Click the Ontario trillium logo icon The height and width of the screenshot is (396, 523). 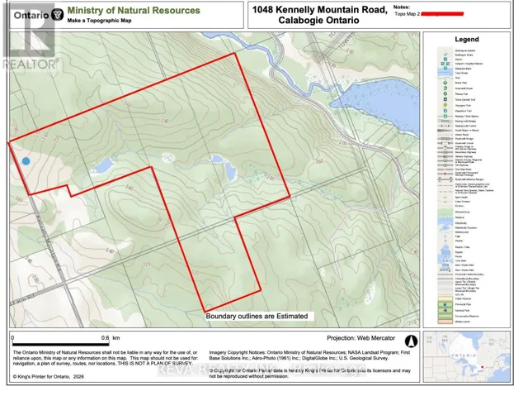[x=56, y=15]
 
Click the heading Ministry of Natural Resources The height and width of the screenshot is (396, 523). [x=134, y=11]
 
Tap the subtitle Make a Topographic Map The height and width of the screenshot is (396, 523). [x=102, y=21]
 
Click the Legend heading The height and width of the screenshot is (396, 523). [x=467, y=39]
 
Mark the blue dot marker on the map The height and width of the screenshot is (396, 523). [x=26, y=161]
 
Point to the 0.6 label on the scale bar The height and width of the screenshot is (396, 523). [x=105, y=338]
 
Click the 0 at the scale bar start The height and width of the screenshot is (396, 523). [x=12, y=338]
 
